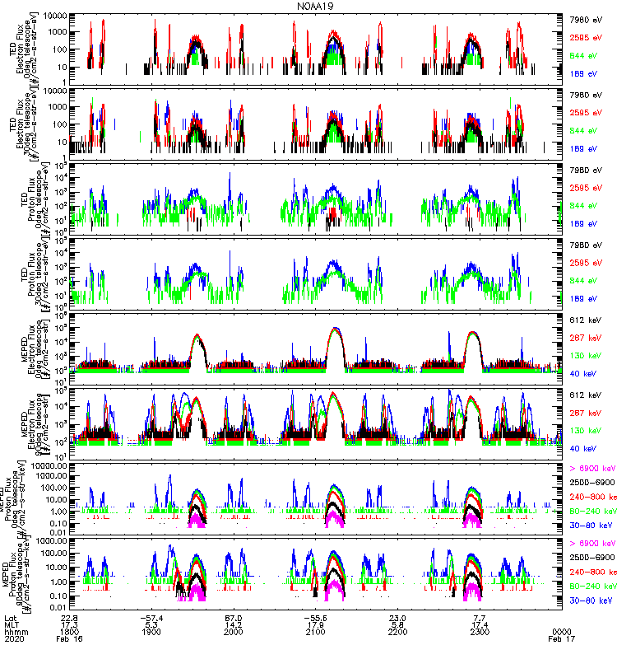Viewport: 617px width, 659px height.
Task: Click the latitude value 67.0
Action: pos(234,617)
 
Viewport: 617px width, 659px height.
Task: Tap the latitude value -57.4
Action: pos(151,617)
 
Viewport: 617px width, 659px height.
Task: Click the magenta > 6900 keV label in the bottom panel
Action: pos(591,544)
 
